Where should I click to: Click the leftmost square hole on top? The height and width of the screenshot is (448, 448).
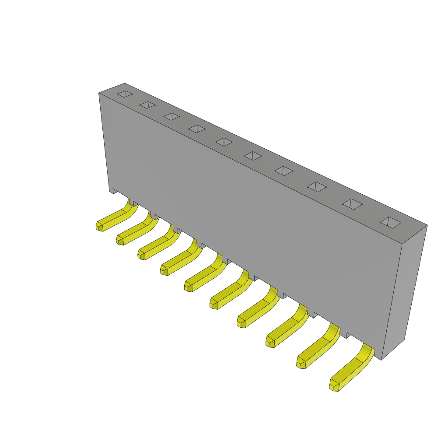pyautogui.click(x=125, y=94)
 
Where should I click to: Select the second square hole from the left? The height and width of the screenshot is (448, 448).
pyautogui.click(x=147, y=105)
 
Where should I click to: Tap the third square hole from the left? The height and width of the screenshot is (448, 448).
pyautogui.click(x=171, y=116)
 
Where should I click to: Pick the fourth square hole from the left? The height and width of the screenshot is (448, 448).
pyautogui.click(x=197, y=129)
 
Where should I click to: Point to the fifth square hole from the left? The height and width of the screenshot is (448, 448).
pyautogui.click(x=224, y=142)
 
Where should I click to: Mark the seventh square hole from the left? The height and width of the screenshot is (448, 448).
pyautogui.click(x=283, y=171)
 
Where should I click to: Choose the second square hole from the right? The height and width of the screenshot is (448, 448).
pyautogui.click(x=352, y=204)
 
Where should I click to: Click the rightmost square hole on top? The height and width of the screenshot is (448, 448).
pyautogui.click(x=391, y=222)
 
